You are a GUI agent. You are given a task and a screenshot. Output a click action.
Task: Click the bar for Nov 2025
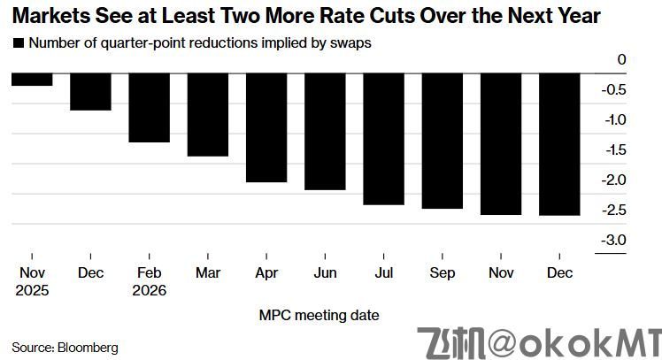click(32, 80)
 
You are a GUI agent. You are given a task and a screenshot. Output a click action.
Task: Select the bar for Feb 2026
click(149, 108)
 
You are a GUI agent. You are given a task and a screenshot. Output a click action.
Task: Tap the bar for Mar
click(207, 115)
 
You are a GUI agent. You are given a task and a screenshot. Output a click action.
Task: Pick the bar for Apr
click(266, 128)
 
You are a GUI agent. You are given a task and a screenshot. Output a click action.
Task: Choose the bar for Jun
click(324, 132)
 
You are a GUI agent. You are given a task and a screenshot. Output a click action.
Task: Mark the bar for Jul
click(382, 140)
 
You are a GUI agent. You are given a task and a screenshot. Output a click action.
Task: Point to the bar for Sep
click(441, 142)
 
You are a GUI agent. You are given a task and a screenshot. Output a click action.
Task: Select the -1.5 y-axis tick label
click(613, 150)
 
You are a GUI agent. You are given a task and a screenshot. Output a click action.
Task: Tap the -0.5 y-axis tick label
click(613, 90)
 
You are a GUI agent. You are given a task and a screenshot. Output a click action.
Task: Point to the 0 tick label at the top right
click(621, 60)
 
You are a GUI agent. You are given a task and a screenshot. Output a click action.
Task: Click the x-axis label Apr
click(266, 273)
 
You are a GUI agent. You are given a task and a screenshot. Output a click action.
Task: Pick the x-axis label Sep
click(441, 273)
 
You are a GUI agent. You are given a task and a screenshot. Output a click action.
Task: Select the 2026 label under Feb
click(149, 289)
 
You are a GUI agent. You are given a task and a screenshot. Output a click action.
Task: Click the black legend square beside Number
click(18, 42)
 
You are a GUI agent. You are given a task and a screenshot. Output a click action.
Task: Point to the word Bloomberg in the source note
click(88, 347)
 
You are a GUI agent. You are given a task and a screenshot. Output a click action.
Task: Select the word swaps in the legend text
click(352, 42)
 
